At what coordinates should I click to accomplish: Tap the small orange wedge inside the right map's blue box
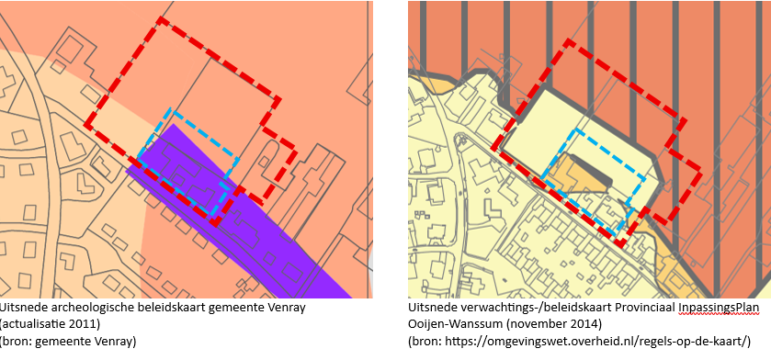pyautogui.click(x=578, y=170)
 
